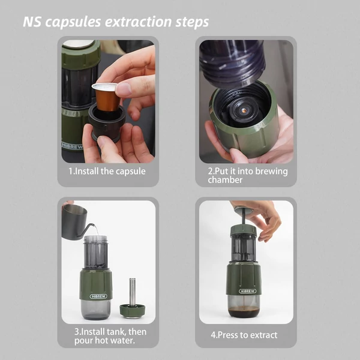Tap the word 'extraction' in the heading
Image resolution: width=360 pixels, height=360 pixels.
[139, 22]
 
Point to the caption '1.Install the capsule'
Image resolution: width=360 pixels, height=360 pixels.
[107, 171]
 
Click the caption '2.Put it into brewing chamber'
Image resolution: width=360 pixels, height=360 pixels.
[248, 175]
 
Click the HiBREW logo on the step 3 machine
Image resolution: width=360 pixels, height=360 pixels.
[98, 296]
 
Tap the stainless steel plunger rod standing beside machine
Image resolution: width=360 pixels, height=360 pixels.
[133, 292]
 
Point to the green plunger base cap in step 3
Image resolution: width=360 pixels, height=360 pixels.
[132, 311]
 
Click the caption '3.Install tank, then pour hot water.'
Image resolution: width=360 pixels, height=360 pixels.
[110, 336]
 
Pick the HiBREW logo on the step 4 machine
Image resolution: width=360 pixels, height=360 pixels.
[247, 291]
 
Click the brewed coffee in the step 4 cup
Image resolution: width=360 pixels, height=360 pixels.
[244, 312]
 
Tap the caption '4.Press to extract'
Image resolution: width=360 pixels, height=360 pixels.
[244, 335]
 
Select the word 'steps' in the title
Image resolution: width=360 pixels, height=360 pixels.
[192, 22]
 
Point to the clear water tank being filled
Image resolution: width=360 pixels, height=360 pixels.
[95, 252]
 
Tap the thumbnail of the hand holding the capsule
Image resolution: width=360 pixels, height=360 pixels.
[108, 101]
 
